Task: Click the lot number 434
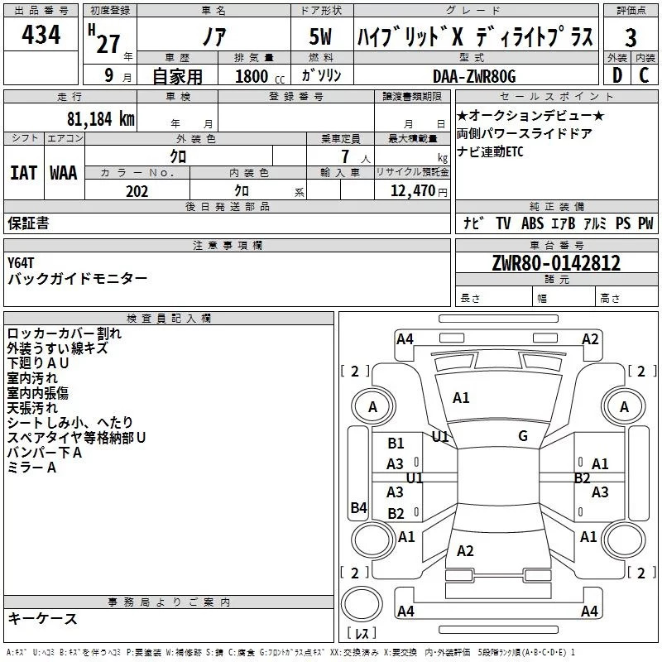click(41, 36)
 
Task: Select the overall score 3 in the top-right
click(631, 38)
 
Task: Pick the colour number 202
click(137, 191)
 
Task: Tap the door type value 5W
click(321, 38)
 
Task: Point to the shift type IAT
click(23, 172)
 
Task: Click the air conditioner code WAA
click(63, 172)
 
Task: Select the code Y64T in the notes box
click(22, 262)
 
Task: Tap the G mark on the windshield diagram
click(522, 436)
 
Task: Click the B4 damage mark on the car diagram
click(358, 508)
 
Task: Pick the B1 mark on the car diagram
click(396, 444)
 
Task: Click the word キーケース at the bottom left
click(43, 618)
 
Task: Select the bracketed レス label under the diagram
click(361, 634)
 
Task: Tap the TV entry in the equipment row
click(503, 223)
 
